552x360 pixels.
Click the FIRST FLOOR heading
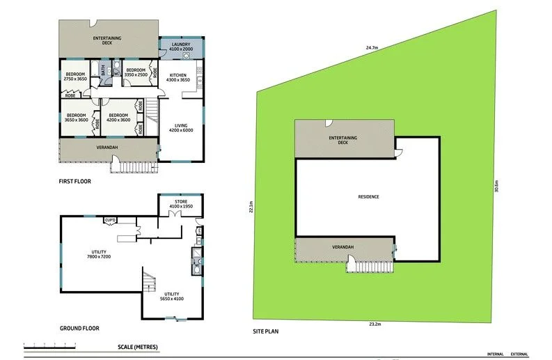pyautogui.click(x=74, y=181)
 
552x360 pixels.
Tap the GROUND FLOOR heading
pyautogui.click(x=79, y=327)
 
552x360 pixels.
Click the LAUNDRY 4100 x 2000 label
pyautogui.click(x=181, y=47)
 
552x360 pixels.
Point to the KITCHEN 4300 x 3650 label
pyautogui.click(x=178, y=77)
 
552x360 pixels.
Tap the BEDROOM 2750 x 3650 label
pyautogui.click(x=75, y=77)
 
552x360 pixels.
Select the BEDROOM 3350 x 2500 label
pyautogui.click(x=135, y=72)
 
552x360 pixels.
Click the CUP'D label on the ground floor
pyautogui.click(x=110, y=221)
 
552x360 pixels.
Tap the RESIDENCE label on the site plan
pyautogui.click(x=368, y=197)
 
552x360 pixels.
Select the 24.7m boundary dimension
pyautogui.click(x=371, y=47)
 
